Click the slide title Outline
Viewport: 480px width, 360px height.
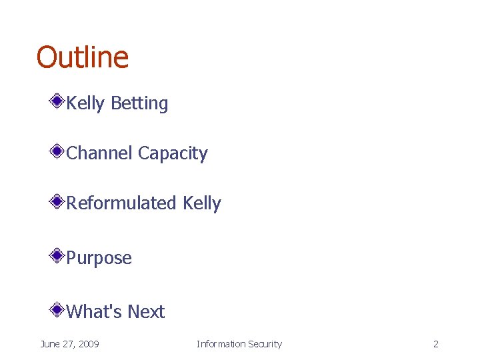(82, 57)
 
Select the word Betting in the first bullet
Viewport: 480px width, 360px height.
(139, 103)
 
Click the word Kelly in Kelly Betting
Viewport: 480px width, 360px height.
(86, 103)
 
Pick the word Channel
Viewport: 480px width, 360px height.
(100, 153)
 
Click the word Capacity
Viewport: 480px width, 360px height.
(173, 154)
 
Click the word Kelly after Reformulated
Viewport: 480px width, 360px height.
(201, 203)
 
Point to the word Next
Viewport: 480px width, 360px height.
(146, 311)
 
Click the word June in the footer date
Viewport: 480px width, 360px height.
(50, 344)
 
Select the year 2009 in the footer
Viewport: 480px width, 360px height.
(88, 344)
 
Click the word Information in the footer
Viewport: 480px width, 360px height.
(221, 344)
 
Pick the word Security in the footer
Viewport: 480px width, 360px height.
(265, 344)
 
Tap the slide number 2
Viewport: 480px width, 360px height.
(435, 344)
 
